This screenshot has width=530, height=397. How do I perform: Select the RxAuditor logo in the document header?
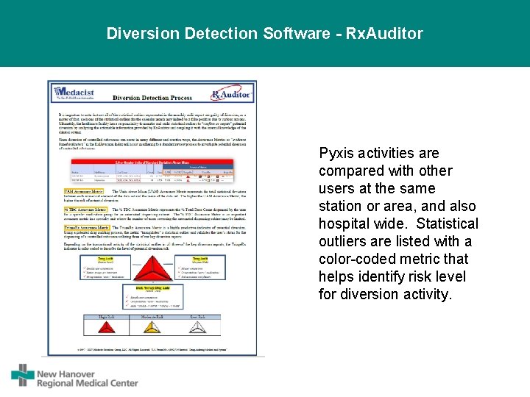tap(231, 94)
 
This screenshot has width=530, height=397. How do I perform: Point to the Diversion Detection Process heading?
tap(152, 97)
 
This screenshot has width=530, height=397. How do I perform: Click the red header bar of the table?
tap(152, 161)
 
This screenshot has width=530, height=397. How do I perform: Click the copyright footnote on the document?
tap(152, 350)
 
